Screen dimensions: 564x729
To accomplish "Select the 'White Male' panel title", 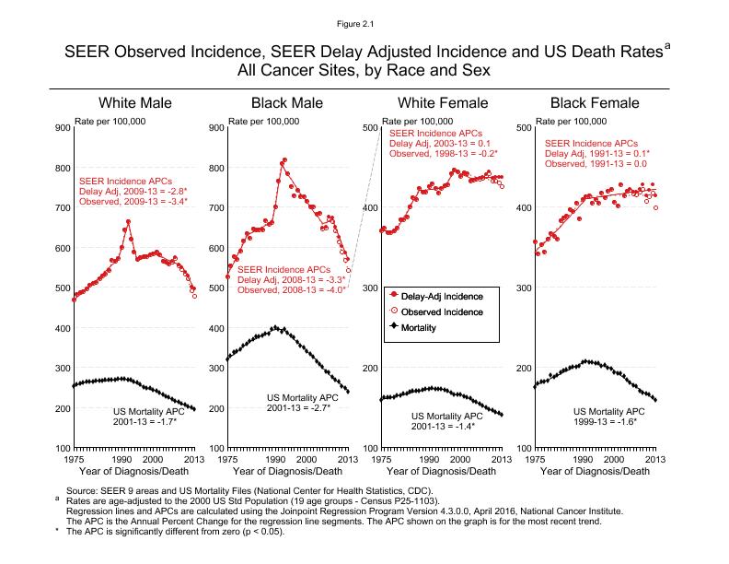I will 135,102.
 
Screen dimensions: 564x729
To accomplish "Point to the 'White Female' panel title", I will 441,102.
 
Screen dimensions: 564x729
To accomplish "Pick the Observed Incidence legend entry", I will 442,311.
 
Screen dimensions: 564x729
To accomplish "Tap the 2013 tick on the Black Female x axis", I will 654,458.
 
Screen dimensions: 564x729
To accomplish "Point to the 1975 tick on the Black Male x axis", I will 226,458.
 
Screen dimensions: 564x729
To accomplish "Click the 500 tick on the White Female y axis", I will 370,128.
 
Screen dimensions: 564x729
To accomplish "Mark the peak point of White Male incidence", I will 128,221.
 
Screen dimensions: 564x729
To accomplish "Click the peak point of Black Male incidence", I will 284,160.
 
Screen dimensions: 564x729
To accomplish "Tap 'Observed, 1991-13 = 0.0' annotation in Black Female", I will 596,164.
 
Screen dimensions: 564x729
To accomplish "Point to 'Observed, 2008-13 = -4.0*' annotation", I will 291,289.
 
